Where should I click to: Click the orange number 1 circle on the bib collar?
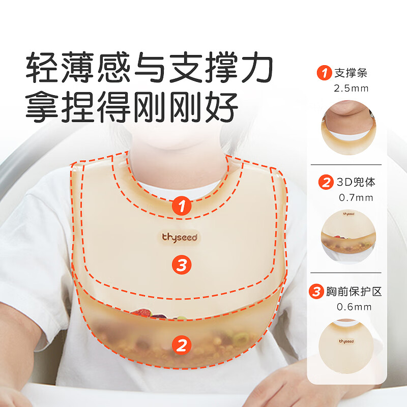click(x=182, y=206)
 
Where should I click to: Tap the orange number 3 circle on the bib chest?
click(x=182, y=264)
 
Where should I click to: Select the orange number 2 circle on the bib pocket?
click(x=182, y=345)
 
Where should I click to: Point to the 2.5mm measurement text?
click(x=351, y=88)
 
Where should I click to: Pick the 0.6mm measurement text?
click(x=354, y=307)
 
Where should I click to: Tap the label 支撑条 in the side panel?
click(x=351, y=73)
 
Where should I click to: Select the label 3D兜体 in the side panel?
click(x=357, y=182)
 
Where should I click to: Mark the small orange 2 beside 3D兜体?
click(x=326, y=182)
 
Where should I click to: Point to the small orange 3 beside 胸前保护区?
click(x=317, y=292)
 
